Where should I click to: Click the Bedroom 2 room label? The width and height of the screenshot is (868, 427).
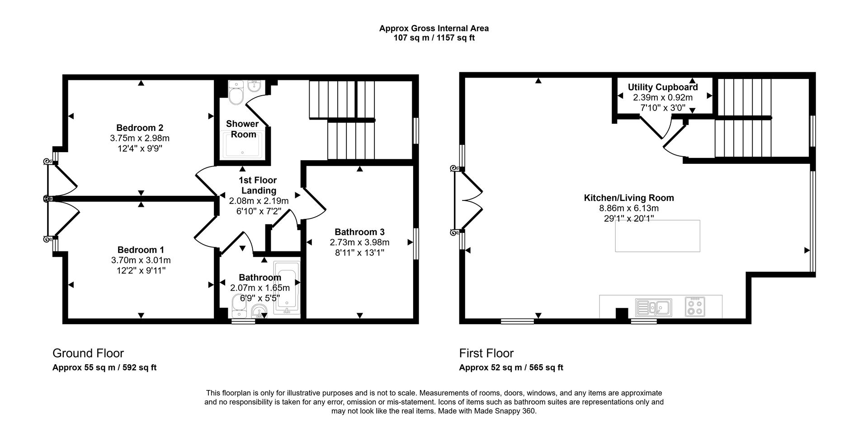[140, 128]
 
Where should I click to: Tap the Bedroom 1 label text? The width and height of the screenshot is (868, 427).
[141, 250]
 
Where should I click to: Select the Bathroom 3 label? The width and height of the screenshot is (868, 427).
[359, 232]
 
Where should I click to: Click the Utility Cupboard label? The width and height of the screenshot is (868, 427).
[663, 87]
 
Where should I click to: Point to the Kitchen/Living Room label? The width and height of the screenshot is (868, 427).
[629, 198]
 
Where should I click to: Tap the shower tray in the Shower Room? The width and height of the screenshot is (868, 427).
[243, 145]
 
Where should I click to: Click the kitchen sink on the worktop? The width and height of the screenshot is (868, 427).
[654, 307]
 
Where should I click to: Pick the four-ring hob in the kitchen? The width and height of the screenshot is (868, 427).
[694, 307]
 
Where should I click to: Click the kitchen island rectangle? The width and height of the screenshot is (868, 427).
[657, 236]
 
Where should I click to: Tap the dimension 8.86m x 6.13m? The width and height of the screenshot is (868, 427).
[629, 208]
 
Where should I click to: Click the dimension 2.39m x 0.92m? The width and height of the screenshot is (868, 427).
[663, 97]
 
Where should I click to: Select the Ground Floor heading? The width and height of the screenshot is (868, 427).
[88, 353]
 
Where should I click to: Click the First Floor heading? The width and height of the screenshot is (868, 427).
[486, 353]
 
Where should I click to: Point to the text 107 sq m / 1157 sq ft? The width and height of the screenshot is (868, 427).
[434, 38]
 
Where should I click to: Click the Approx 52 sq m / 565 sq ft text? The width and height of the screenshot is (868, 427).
[511, 367]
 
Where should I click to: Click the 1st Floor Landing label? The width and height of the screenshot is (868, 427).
[258, 185]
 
